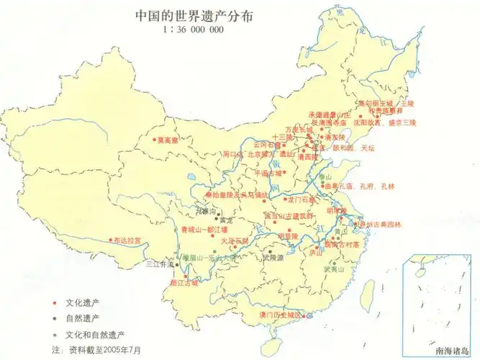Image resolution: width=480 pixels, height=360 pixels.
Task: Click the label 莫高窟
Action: [x=168, y=140]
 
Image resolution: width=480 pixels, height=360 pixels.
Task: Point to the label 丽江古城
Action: [x=183, y=283]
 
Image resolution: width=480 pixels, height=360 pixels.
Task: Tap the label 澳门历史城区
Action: [x=283, y=315]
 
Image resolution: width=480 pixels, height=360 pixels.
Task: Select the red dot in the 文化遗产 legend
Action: [x=55, y=303]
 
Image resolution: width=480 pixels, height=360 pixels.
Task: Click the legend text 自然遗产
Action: [x=82, y=318]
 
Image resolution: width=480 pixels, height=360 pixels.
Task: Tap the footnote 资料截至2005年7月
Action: [x=105, y=349]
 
